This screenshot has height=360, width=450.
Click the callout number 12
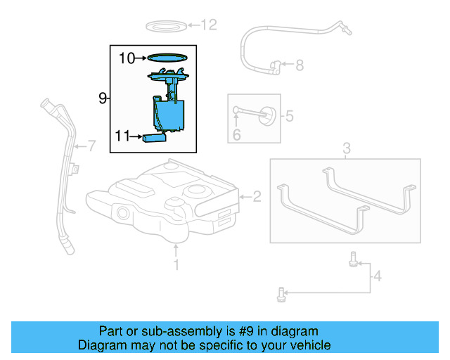pyautogui.click(x=210, y=25)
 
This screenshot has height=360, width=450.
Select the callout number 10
pyautogui.click(x=126, y=58)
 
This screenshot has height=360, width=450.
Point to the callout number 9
pyautogui.click(x=103, y=98)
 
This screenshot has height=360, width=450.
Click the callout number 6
pyautogui.click(x=237, y=134)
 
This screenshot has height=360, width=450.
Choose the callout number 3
pyautogui.click(x=346, y=148)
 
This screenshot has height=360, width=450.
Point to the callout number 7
pyautogui.click(x=90, y=146)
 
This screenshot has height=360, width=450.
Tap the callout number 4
pyautogui.click(x=378, y=276)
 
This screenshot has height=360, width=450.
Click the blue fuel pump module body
pyautogui.click(x=169, y=115)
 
